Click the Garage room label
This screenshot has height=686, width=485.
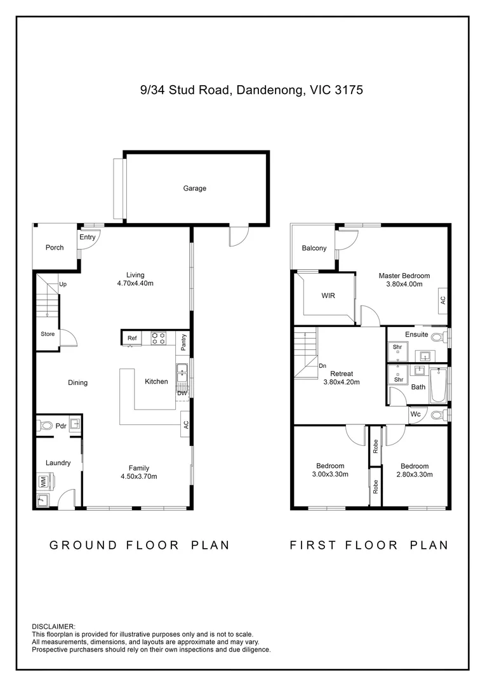pos(195,188)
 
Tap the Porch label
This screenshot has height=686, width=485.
pos(55,247)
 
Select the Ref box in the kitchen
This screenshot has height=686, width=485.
pos(131,338)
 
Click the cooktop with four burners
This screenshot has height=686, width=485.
pos(159,338)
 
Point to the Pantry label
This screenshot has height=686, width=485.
pos(183,342)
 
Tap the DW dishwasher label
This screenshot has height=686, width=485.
pos(182,393)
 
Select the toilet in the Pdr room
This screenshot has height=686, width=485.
pos(46,425)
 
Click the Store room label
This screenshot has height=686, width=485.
pos(48,334)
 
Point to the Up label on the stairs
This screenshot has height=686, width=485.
pos(63,285)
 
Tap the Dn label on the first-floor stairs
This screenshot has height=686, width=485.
pos(322,366)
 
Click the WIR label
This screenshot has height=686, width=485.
pos(328,296)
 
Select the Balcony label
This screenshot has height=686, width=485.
pos(314,248)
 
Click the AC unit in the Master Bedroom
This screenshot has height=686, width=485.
pos(443,300)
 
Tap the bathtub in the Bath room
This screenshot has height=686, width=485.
pos(437,386)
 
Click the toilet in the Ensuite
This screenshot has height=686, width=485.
pos(439,337)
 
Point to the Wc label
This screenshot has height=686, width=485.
pos(415,414)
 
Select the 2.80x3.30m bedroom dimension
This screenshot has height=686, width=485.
pos(415,474)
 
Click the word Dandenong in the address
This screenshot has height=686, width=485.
pos(269,90)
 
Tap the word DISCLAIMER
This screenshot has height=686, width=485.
pos(53,627)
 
